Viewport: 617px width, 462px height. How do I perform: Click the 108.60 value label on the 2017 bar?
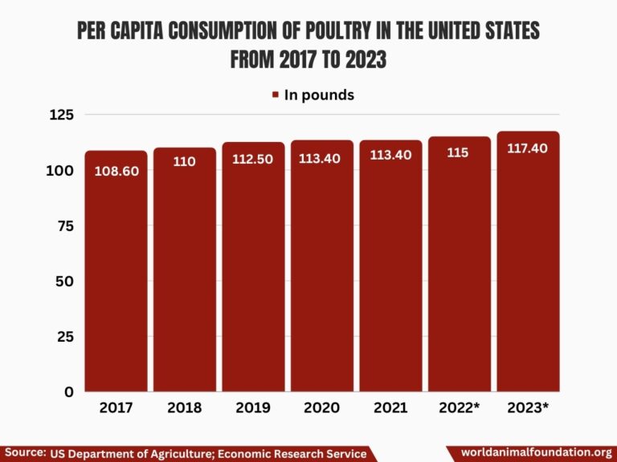tap(116, 171)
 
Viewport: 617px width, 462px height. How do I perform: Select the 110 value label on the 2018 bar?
tap(184, 161)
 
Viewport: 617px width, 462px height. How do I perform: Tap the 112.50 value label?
tap(253, 159)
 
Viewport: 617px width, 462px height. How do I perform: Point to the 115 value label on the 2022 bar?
tap(458, 152)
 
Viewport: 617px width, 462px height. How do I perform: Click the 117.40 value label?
tap(527, 148)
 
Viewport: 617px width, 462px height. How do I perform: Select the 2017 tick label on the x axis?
tap(116, 407)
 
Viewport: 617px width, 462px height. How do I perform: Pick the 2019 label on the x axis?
tap(253, 407)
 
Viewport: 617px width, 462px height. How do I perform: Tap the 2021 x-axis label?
tap(390, 407)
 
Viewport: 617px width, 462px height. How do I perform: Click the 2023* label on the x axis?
tap(528, 407)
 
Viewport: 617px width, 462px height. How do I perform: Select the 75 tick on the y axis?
tap(64, 226)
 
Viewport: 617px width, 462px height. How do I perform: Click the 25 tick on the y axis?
tap(64, 337)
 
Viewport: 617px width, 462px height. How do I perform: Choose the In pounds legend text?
tap(319, 95)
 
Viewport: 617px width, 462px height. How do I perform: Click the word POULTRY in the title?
tap(334, 32)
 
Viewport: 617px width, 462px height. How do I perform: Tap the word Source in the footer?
tap(24, 453)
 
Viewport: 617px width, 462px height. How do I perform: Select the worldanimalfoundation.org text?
tap(537, 453)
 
